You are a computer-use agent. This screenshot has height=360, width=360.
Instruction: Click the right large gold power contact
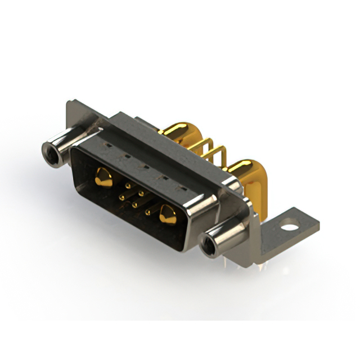[167, 215]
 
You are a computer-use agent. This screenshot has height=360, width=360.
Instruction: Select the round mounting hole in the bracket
[290, 229]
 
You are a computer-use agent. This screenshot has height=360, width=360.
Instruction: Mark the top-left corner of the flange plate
[68, 103]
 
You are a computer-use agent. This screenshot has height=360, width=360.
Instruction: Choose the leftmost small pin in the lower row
[119, 197]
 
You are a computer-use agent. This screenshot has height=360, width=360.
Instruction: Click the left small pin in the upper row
[129, 184]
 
